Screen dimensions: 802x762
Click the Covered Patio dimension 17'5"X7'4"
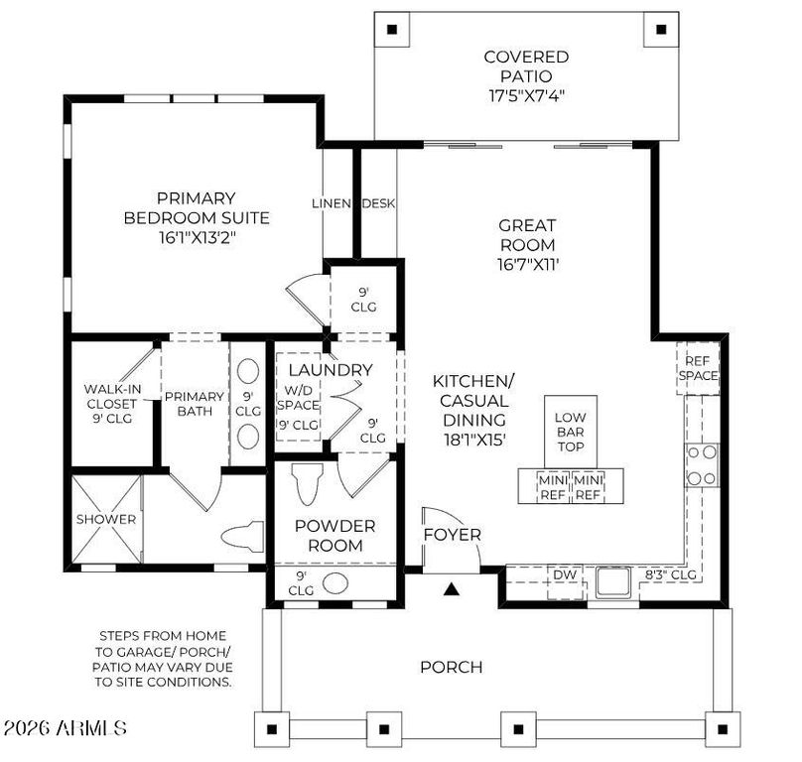pyautogui.click(x=526, y=96)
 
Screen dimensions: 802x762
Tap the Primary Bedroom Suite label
pyautogui.click(x=197, y=208)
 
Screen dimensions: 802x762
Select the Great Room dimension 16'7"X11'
pyautogui.click(x=527, y=265)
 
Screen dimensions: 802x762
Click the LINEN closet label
pyautogui.click(x=332, y=203)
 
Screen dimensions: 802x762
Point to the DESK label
pyautogui.click(x=378, y=203)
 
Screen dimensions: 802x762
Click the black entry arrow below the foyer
pyautogui.click(x=451, y=589)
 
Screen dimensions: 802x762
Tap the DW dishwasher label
pyautogui.click(x=565, y=574)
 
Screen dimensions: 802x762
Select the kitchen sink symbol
pyautogui.click(x=614, y=581)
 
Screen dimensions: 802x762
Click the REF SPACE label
pyautogui.click(x=698, y=368)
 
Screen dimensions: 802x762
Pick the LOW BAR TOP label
pyautogui.click(x=571, y=433)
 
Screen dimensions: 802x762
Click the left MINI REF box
pyautogui.click(x=553, y=488)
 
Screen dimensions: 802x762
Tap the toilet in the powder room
pyautogui.click(x=307, y=483)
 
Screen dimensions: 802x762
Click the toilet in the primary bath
pyautogui.click(x=242, y=537)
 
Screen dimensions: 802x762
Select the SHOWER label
pyautogui.click(x=106, y=520)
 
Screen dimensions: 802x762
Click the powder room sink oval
pyautogui.click(x=334, y=582)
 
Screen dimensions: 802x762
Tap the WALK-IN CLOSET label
pyautogui.click(x=112, y=397)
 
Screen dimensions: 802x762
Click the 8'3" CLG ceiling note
pyautogui.click(x=671, y=574)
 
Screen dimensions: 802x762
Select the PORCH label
pyautogui.click(x=451, y=667)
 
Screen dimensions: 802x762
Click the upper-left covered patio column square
pyautogui.click(x=392, y=29)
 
